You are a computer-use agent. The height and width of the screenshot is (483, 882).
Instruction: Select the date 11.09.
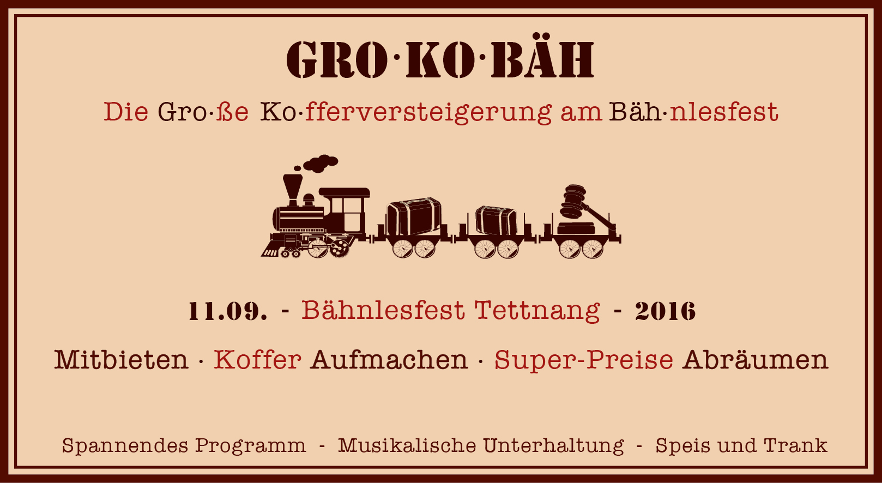point(228,311)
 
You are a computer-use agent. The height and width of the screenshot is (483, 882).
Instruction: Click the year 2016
point(666,311)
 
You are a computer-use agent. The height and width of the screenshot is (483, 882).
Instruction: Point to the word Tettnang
point(537,311)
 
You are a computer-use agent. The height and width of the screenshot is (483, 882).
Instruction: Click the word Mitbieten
point(121,359)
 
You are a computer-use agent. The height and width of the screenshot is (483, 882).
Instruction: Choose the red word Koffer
point(257,359)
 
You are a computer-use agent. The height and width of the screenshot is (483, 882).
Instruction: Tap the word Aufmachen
point(389,359)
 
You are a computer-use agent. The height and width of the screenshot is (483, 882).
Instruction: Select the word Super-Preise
point(583,360)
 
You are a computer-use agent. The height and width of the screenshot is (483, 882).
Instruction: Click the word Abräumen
point(756,359)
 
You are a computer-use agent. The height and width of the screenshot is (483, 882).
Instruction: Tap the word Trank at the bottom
point(795,445)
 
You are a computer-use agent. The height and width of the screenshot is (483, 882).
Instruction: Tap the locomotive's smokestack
point(293,190)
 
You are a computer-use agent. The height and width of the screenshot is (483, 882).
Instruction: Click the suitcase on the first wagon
point(413,216)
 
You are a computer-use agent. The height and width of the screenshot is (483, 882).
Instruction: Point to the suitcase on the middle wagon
point(496,220)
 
